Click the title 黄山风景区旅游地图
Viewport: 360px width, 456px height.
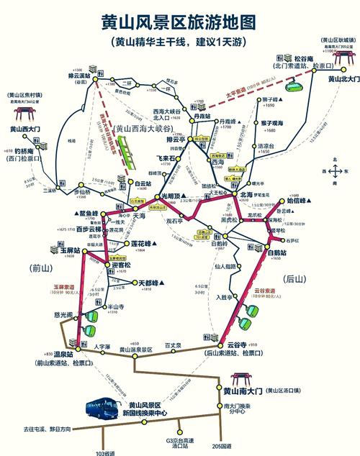(x=179, y=21)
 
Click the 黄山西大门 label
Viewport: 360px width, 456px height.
(x=27, y=129)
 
